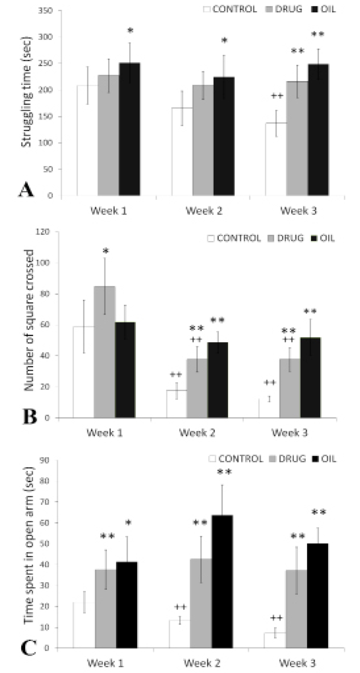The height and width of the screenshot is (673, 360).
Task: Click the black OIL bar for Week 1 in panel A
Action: click(130, 129)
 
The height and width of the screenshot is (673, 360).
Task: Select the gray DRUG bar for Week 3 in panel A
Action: click(297, 138)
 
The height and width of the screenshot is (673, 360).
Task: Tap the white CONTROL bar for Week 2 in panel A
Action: click(182, 152)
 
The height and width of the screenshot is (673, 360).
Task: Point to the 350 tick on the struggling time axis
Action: click(46, 10)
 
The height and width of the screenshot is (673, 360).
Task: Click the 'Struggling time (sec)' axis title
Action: click(26, 91)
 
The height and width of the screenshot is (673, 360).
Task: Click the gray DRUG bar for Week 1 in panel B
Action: click(104, 352)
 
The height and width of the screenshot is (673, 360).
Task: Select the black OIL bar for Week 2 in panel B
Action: click(218, 380)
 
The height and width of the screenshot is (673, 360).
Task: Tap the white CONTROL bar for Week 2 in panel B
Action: click(176, 404)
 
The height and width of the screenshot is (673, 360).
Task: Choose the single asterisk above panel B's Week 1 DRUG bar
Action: click(106, 252)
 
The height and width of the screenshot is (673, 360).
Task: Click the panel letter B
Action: click(30, 417)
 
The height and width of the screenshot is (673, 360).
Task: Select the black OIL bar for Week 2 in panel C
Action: click(222, 582)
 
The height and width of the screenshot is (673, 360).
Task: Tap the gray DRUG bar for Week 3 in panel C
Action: click(296, 609)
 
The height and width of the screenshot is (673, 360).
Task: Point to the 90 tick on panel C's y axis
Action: click(45, 460)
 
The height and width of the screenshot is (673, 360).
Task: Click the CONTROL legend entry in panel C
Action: click(236, 459)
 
